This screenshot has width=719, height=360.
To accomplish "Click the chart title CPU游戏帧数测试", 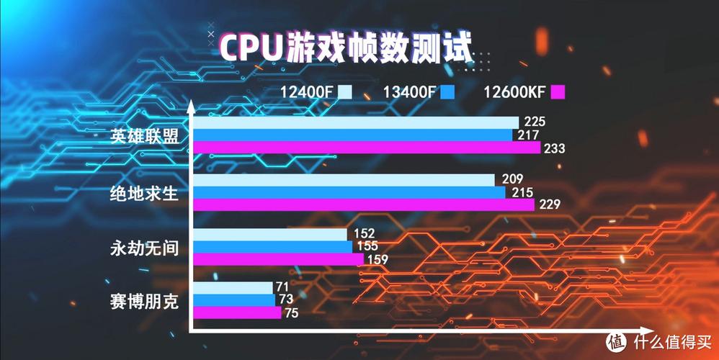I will point(346,48).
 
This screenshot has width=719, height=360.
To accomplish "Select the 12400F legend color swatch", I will point(345,92).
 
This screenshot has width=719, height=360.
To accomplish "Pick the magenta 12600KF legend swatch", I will point(557,92).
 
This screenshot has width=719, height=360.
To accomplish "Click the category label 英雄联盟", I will point(144,135).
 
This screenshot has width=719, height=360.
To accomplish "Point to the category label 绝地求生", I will point(144,192).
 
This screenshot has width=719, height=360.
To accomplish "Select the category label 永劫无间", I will point(144,248).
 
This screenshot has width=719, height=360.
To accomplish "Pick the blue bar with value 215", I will point(349,192).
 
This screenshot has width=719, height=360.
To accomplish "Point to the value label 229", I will point(550,204).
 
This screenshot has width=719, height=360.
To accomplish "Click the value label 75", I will point(290,312).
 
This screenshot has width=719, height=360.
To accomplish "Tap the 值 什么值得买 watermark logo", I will point(656,338).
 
